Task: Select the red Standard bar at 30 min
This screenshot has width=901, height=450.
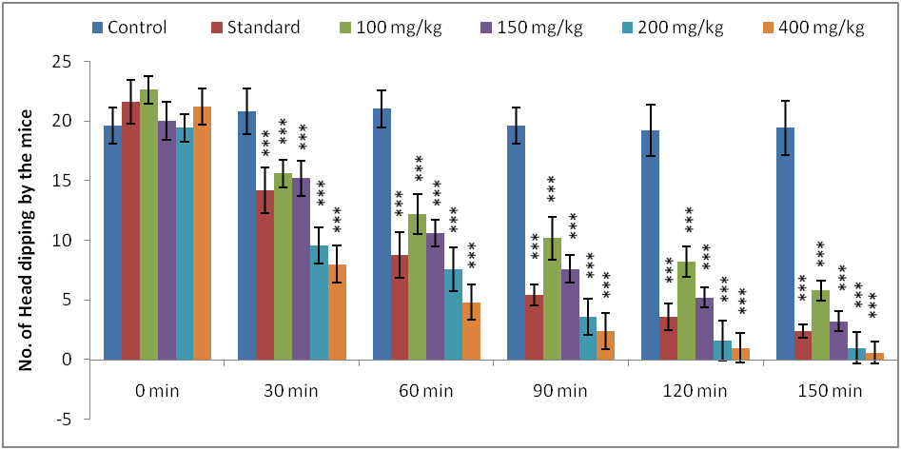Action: (x=264, y=275)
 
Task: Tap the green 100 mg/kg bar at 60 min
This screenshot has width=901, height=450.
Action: (x=417, y=286)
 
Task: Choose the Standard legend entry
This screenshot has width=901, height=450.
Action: (x=257, y=27)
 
